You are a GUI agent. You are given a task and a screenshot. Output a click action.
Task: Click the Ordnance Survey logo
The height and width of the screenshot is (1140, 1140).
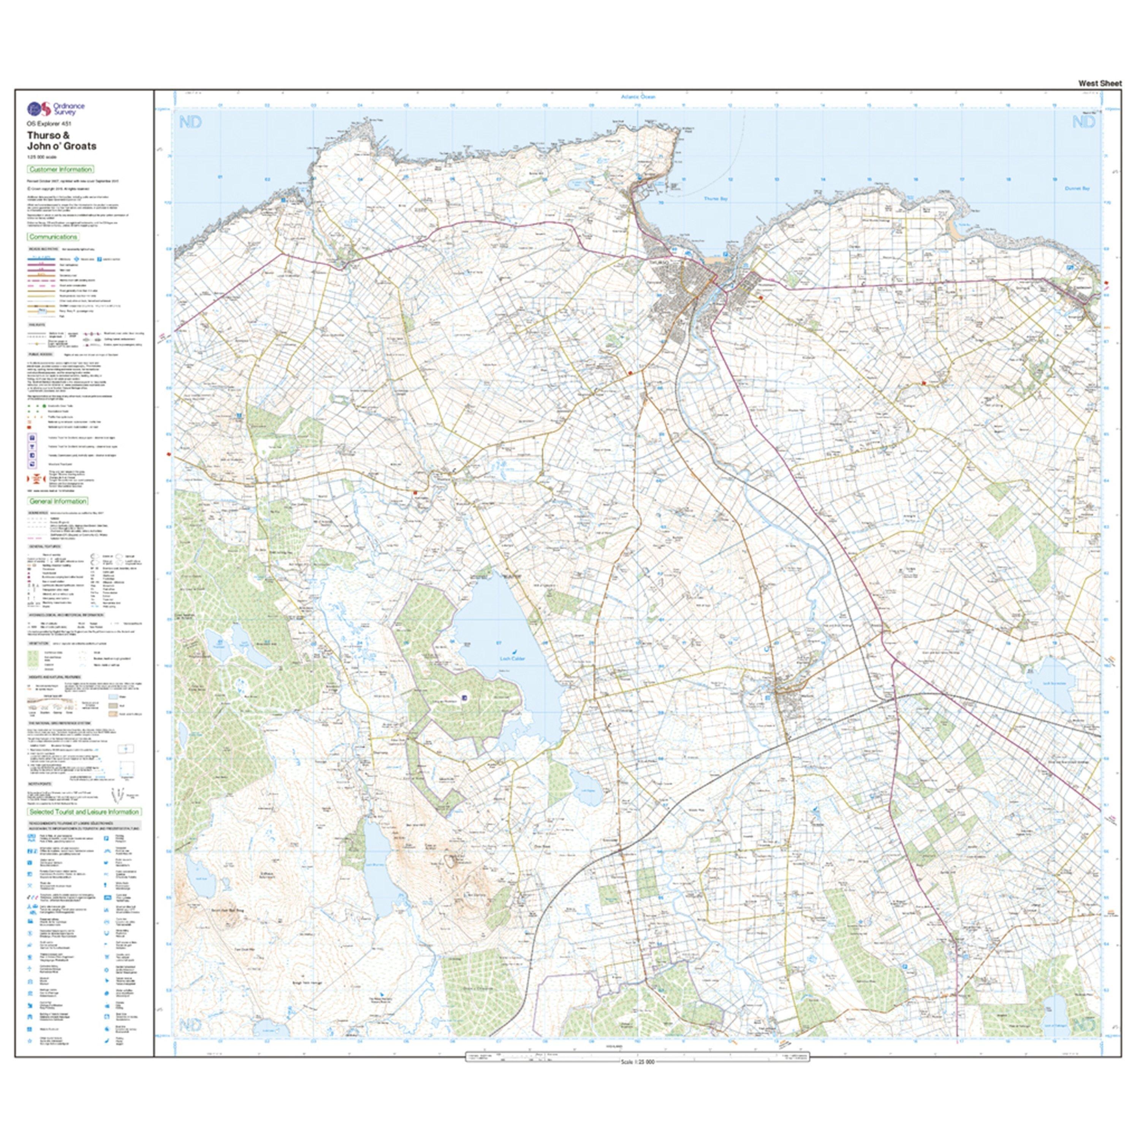click(56, 109)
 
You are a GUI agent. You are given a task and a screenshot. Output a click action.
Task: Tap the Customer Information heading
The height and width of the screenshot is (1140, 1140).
click(60, 169)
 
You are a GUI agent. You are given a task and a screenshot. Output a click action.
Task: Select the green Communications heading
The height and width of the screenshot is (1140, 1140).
click(53, 237)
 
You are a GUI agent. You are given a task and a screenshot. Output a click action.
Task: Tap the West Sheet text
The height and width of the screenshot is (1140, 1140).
click(1100, 84)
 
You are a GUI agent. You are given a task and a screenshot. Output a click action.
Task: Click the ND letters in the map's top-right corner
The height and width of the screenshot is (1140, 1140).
click(1083, 122)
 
